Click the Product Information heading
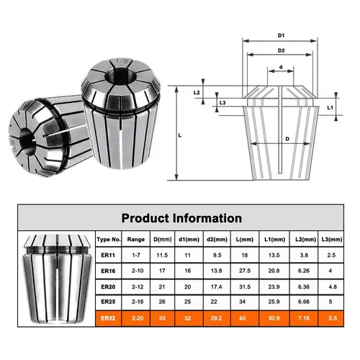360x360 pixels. pos(181,217)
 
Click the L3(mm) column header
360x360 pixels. pos(330,239)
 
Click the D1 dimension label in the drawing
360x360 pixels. pos(283,35)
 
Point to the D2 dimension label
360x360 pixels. pos(283,50)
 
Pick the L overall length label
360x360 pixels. pos(179,135)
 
